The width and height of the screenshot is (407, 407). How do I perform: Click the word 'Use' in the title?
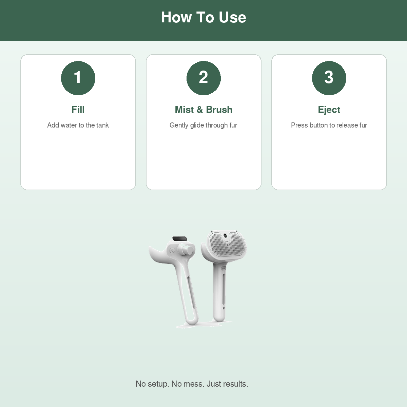point(232,17)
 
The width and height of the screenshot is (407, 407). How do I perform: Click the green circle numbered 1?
point(78,78)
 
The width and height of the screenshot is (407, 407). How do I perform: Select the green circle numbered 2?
point(203,78)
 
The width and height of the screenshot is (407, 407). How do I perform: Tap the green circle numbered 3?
point(329,78)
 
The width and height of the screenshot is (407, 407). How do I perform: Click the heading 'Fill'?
point(78,110)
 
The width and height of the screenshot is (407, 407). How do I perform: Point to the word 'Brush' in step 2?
point(219,110)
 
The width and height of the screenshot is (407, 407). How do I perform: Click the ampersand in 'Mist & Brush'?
point(199,110)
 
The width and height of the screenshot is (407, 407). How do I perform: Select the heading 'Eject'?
point(329,110)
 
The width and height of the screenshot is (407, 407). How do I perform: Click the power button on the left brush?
point(172,251)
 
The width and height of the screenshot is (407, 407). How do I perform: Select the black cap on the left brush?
point(180,239)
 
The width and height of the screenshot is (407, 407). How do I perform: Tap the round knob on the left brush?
point(186,249)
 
